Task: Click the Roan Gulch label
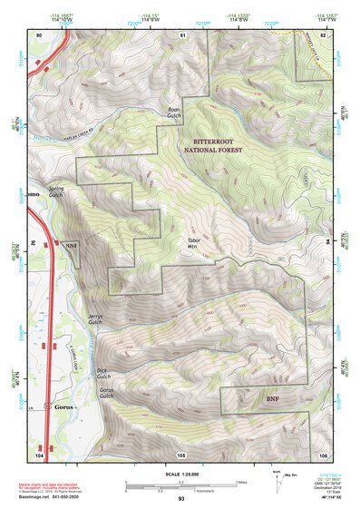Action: click(x=175, y=115)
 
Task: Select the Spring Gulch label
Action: click(x=56, y=192)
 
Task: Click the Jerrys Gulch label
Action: click(x=95, y=319)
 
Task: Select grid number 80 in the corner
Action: click(x=38, y=34)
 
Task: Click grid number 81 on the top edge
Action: click(x=182, y=34)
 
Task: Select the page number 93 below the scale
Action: click(x=181, y=499)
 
